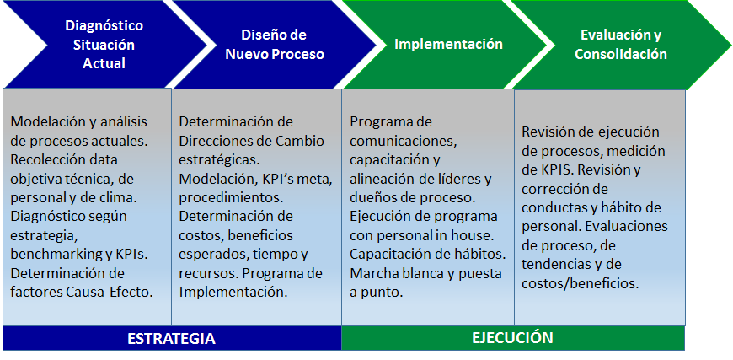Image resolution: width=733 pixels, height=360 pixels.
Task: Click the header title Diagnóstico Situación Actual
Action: coord(104,45)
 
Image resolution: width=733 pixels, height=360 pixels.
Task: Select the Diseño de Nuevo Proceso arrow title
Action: coord(275,45)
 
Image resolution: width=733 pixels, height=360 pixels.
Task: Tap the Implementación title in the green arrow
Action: coord(448,44)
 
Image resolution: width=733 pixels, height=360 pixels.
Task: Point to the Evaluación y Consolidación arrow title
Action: coord(621,45)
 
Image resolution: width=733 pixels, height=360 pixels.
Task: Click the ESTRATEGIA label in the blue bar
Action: coord(172,338)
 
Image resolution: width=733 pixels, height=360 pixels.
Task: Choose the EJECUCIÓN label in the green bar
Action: coord(513,337)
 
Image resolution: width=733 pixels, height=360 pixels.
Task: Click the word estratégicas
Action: coord(218,159)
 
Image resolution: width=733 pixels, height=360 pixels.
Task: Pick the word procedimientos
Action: coord(230,198)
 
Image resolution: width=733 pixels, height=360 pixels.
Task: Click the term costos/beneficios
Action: coord(580,283)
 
